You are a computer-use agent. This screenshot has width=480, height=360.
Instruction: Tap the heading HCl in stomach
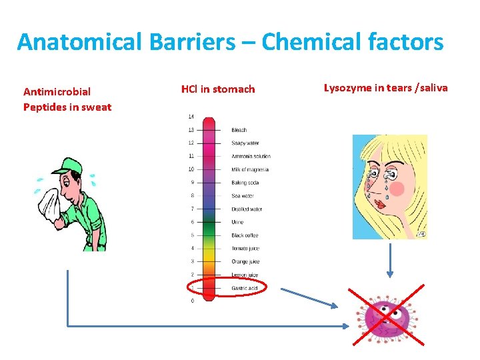(x=217, y=89)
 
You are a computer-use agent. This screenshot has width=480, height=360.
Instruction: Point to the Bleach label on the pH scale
(x=239, y=130)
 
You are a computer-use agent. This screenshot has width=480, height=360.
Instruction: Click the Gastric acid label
(x=244, y=288)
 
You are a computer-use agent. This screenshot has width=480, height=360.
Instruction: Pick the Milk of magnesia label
(x=249, y=169)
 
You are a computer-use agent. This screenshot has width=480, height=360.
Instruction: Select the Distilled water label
(x=246, y=209)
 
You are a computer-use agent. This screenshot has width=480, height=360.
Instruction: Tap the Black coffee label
(x=244, y=235)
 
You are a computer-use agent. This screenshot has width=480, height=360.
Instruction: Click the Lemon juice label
(x=244, y=275)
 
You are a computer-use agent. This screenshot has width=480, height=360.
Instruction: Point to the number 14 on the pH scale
(x=191, y=117)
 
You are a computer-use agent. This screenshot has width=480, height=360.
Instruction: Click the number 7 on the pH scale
(x=192, y=209)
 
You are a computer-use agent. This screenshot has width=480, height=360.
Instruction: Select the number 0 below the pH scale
(x=192, y=301)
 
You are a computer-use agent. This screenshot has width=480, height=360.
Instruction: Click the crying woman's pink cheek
(x=397, y=189)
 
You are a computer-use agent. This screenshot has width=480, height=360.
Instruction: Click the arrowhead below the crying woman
(x=390, y=274)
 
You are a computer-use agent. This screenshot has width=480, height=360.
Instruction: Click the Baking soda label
(x=245, y=183)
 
